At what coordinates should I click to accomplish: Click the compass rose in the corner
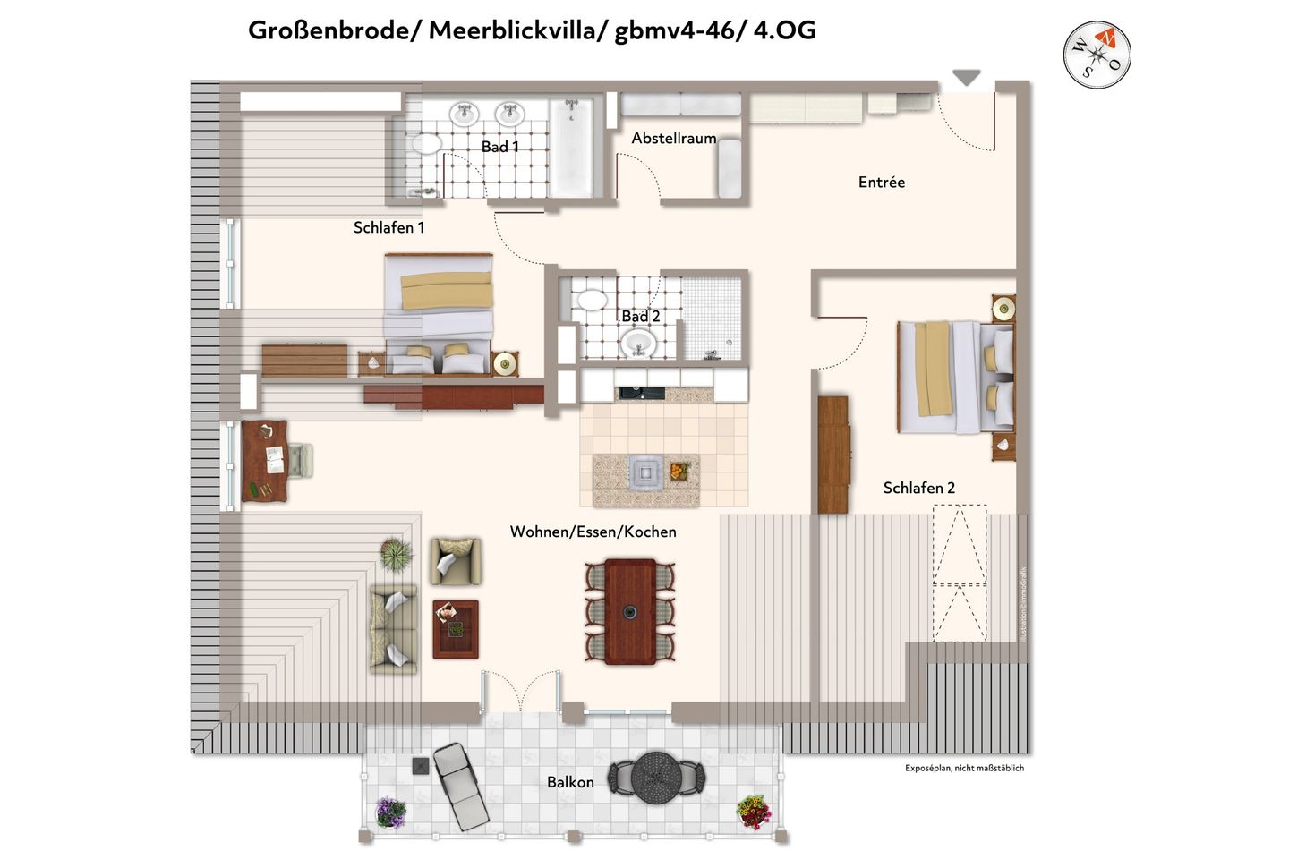coord(1097,55)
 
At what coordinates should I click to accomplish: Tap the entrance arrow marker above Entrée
coord(966,78)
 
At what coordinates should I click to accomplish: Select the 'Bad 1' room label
coord(499,147)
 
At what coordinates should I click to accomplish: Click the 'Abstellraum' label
coord(673,138)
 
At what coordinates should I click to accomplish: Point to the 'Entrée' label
coord(881,183)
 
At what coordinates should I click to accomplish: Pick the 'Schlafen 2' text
coord(918,488)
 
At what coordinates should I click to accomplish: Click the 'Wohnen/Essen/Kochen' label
coord(593,532)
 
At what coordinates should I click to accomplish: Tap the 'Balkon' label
coord(570,782)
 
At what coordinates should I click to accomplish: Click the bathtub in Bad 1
coord(570,148)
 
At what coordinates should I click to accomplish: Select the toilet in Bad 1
coord(424,145)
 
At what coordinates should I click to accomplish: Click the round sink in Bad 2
coord(638,342)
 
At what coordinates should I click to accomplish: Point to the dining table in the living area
coord(630,611)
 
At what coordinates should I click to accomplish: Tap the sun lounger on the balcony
coord(460,785)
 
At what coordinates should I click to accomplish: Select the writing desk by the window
coord(265,461)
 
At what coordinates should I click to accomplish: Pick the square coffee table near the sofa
coord(456,629)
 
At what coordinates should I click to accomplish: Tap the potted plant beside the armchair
coord(396,554)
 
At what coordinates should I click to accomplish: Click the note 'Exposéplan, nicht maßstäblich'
coord(964,768)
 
